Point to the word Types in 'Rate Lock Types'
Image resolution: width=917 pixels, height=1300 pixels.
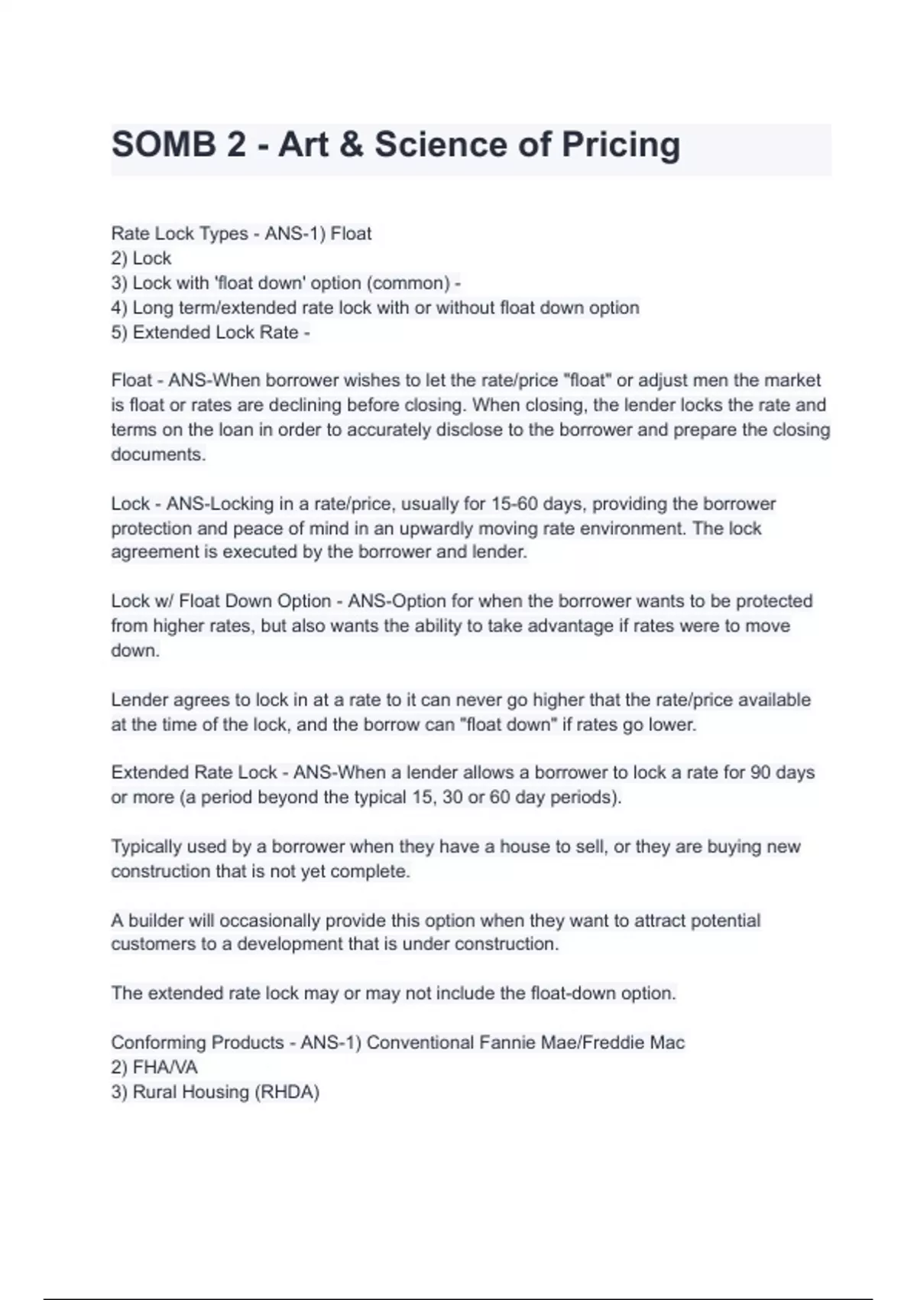click(x=223, y=234)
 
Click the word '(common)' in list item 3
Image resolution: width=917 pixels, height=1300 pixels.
click(x=408, y=283)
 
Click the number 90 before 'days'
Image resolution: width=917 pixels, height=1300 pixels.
click(x=760, y=772)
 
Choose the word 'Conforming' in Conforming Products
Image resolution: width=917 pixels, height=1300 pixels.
click(x=159, y=1043)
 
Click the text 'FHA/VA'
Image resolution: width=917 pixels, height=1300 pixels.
click(x=165, y=1068)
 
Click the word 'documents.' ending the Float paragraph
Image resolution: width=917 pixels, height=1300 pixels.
click(x=159, y=454)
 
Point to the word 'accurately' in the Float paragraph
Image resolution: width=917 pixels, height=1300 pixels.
click(x=389, y=430)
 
